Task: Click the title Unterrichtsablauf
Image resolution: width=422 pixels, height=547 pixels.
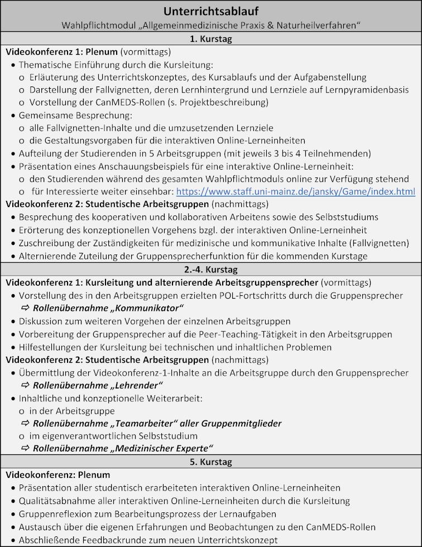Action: click(211, 12)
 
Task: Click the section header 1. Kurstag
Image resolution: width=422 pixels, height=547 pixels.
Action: click(211, 39)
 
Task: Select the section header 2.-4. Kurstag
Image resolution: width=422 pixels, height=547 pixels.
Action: click(211, 270)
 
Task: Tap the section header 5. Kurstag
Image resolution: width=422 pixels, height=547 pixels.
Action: click(211, 462)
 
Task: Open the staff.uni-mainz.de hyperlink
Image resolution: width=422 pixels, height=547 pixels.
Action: click(295, 191)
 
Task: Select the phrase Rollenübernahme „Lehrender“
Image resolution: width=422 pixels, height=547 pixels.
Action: click(98, 385)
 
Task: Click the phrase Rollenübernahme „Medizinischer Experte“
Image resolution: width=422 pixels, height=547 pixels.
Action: click(123, 448)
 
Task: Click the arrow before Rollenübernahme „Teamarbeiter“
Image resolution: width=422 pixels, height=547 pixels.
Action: click(25, 424)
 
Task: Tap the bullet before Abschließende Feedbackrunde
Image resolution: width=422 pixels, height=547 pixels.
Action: click(12, 540)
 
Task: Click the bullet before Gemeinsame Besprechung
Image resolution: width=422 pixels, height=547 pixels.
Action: click(12, 115)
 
